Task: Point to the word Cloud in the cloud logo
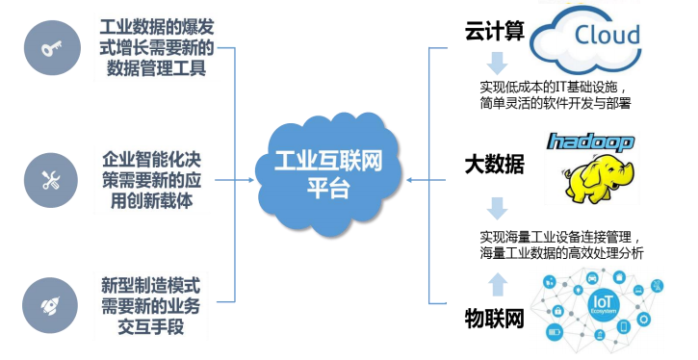pyautogui.click(x=607, y=37)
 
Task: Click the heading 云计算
pyautogui.click(x=495, y=31)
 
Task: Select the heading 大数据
pyautogui.click(x=495, y=165)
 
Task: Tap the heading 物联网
pyautogui.click(x=495, y=318)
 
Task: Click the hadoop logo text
pyautogui.click(x=591, y=143)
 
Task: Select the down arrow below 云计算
pyautogui.click(x=496, y=64)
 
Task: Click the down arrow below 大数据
pyautogui.click(x=496, y=207)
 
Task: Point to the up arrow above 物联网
pyautogui.click(x=496, y=281)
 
